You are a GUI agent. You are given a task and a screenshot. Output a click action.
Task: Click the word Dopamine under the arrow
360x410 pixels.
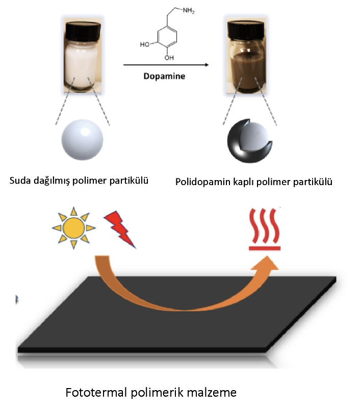(x=164, y=76)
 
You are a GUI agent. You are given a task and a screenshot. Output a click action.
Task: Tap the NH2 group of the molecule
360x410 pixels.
(x=188, y=11)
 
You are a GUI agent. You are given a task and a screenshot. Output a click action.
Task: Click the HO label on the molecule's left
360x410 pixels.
(x=145, y=44)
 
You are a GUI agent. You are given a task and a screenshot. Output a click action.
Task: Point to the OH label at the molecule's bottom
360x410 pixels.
(x=169, y=58)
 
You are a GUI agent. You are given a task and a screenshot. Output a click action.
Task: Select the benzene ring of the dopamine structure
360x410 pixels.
(x=167, y=37)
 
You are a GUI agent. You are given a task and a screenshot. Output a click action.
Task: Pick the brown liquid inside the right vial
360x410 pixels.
(x=246, y=70)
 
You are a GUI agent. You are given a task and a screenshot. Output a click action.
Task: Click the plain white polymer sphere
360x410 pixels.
(x=83, y=139)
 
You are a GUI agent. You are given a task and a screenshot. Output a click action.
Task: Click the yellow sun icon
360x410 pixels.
(x=74, y=227)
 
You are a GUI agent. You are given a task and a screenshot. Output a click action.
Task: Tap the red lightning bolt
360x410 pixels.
(x=120, y=229)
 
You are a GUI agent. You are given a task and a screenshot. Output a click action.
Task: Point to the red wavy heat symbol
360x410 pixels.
(x=265, y=229)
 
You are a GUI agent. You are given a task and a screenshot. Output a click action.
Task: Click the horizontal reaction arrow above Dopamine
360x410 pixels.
(x=166, y=65)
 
